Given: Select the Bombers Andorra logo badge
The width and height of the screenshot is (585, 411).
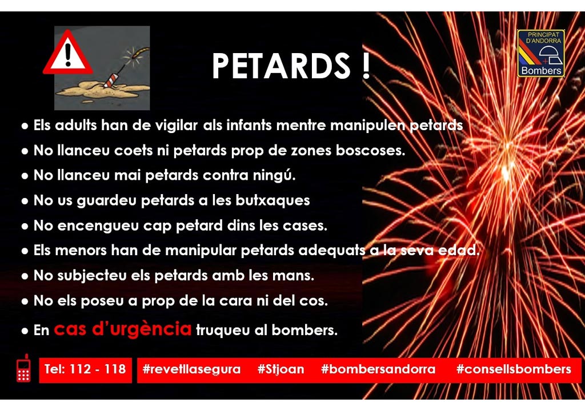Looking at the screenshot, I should pos(540,53).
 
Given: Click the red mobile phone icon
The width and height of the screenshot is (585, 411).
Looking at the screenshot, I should pos(23,369).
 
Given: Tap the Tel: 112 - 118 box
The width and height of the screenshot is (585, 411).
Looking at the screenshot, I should pos(85,369).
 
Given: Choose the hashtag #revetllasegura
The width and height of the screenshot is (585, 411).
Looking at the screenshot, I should pos(191,369).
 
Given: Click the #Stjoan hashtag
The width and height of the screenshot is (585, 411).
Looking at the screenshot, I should pos(281,369).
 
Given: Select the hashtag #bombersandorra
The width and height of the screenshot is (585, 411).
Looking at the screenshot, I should pos(378,369).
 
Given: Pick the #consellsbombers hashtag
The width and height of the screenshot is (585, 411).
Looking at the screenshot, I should pos(514,369).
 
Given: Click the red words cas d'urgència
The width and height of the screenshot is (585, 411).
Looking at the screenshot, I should pos(123,329).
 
